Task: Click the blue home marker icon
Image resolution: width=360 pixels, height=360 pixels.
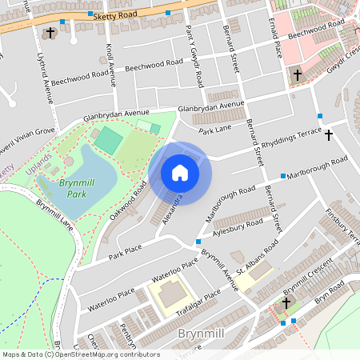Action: point(180,173)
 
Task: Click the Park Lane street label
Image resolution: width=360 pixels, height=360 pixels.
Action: point(214,129)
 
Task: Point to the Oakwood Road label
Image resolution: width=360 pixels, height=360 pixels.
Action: point(130,202)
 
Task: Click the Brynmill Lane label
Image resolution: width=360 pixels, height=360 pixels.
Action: point(54,215)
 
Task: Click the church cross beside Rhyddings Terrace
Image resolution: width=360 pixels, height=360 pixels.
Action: point(328,134)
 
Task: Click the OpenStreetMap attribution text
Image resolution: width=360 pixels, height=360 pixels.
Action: point(81,354)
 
